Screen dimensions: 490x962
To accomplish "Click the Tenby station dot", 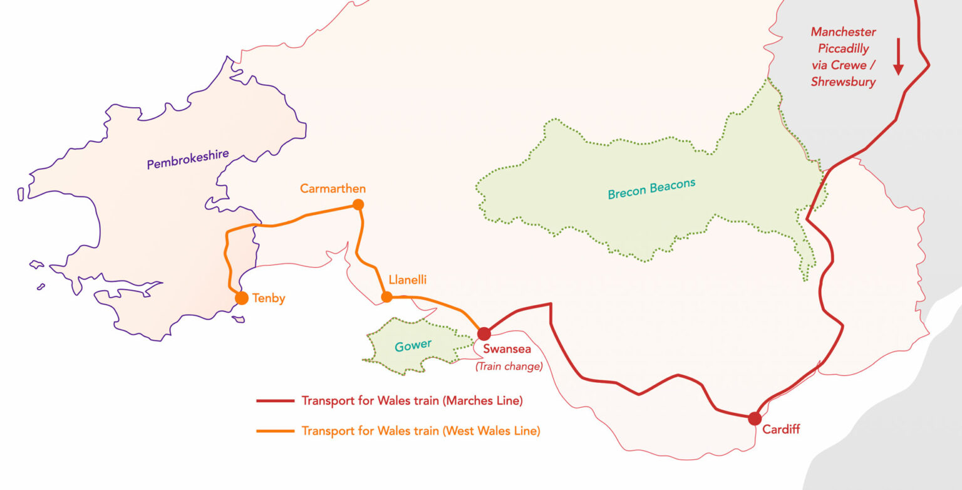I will click(x=242, y=298).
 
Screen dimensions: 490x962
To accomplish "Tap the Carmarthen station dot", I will click(x=358, y=204).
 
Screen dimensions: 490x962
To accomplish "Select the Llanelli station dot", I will click(x=387, y=297).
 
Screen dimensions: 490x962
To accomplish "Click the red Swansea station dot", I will click(x=484, y=334).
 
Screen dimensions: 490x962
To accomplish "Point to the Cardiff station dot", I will click(x=755, y=419).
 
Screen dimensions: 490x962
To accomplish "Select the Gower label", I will click(x=413, y=345).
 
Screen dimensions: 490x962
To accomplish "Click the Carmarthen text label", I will click(x=333, y=189).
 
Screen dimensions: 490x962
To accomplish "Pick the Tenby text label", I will click(x=269, y=299).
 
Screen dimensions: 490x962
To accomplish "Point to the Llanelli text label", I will click(x=407, y=280).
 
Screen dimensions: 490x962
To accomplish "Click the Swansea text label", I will click(x=507, y=350).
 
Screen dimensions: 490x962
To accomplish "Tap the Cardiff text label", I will click(x=781, y=430).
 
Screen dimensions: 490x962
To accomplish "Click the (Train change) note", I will click(x=509, y=367).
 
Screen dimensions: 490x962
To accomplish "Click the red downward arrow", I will click(x=898, y=56).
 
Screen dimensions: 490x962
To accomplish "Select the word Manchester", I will click(x=843, y=31).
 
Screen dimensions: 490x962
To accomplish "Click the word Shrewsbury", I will click(x=843, y=81).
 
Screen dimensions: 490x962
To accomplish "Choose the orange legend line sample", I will click(x=275, y=431).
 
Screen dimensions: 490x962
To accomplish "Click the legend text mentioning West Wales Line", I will click(x=420, y=431).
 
